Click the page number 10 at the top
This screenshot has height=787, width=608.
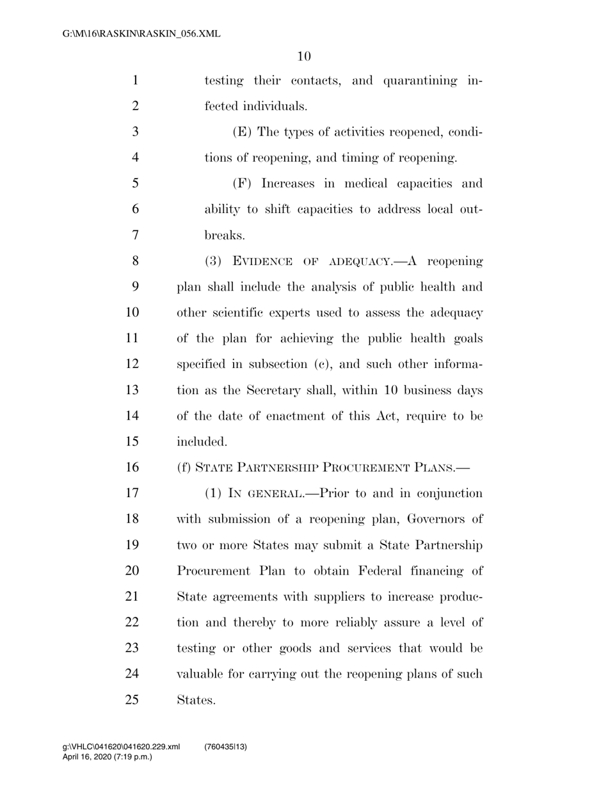click(x=304, y=56)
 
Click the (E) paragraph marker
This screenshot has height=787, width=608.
click(x=243, y=132)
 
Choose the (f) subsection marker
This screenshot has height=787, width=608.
click(x=183, y=468)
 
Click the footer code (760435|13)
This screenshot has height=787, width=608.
click(x=226, y=747)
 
